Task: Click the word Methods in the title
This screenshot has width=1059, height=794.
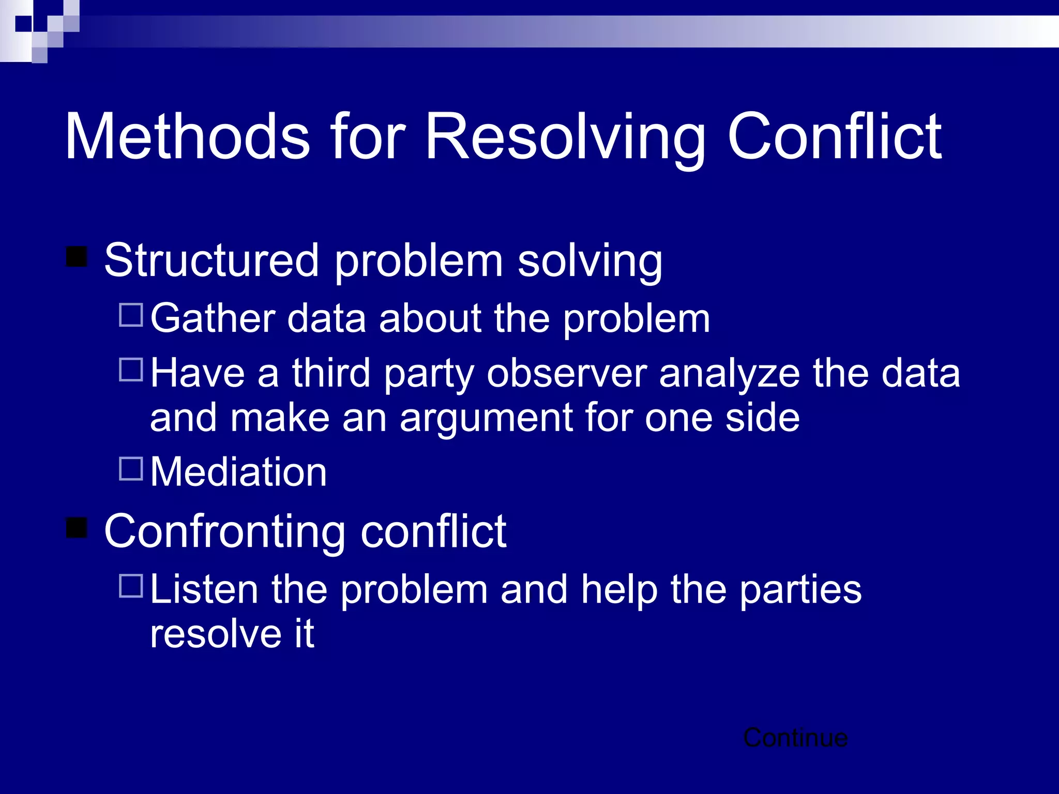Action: click(187, 136)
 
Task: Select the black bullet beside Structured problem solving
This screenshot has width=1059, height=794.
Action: click(77, 256)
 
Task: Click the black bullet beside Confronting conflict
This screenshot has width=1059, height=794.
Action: click(77, 527)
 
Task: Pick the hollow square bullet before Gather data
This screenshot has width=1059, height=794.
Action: click(131, 315)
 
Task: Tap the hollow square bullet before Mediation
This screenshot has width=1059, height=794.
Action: click(131, 469)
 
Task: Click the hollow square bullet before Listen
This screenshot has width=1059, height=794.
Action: click(131, 586)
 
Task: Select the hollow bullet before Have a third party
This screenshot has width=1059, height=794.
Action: click(131, 370)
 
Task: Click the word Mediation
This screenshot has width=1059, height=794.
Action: click(238, 472)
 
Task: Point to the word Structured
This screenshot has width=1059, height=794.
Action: click(211, 260)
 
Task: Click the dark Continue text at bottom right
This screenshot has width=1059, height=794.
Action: click(795, 738)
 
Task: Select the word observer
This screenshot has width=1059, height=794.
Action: click(567, 373)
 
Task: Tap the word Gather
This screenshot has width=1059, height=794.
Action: click(213, 318)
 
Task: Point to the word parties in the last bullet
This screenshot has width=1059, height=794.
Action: click(800, 590)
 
